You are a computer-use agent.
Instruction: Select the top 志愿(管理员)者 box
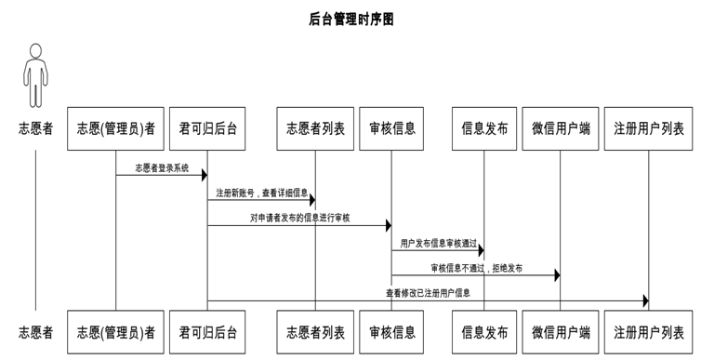(116, 128)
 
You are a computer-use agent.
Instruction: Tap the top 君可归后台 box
(207, 128)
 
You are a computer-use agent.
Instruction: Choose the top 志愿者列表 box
(315, 128)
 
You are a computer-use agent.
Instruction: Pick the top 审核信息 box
(391, 128)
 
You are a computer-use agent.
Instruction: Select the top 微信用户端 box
(561, 128)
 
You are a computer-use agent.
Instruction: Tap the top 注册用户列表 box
(648, 128)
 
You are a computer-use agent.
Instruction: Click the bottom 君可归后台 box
(207, 332)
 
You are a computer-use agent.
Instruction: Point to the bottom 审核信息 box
(391, 332)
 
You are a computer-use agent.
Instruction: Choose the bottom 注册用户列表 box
(648, 332)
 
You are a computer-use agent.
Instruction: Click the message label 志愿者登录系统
(162, 168)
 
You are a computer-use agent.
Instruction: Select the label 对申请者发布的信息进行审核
(299, 218)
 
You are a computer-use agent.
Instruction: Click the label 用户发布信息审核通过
(438, 243)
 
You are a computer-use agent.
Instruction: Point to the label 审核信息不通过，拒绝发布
(476, 268)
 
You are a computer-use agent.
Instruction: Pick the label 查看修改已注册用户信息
(428, 293)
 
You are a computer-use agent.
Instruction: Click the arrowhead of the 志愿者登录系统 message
(204, 175)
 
